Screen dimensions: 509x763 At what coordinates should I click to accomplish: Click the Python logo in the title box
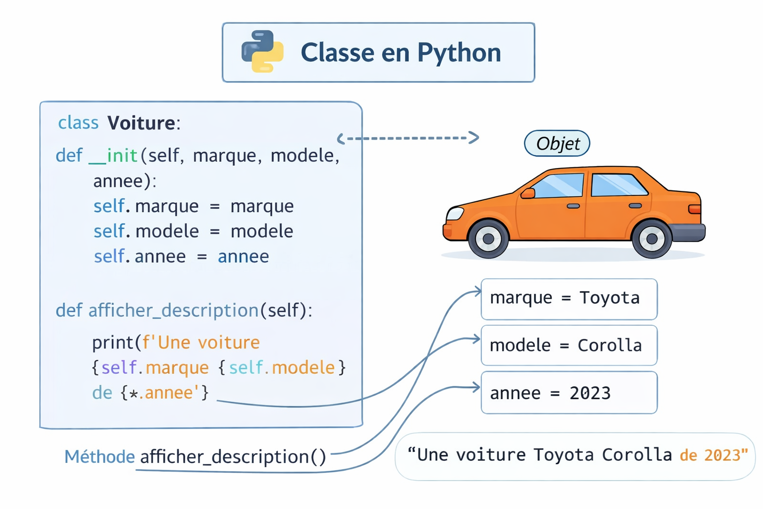click(x=262, y=52)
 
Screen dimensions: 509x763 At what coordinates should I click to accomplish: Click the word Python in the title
click(x=459, y=53)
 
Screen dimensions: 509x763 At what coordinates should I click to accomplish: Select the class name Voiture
click(x=142, y=123)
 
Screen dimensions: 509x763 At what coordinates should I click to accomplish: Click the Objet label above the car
click(x=557, y=144)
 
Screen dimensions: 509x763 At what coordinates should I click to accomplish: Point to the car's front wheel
click(x=488, y=239)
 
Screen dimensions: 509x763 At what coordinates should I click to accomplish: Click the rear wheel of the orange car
click(x=652, y=239)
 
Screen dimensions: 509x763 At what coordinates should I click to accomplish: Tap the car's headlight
click(x=455, y=214)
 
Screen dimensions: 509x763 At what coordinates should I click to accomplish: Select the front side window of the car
click(x=559, y=185)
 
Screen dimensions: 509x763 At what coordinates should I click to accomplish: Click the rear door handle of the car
click(x=635, y=206)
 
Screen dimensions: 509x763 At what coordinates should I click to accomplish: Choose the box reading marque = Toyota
click(x=569, y=299)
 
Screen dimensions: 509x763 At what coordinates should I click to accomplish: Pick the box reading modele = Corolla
click(x=569, y=345)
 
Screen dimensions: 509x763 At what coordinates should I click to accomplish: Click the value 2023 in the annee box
click(x=590, y=393)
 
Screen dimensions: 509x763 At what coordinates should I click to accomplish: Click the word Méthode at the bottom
click(x=99, y=456)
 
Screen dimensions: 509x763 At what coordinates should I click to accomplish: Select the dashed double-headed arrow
click(x=408, y=138)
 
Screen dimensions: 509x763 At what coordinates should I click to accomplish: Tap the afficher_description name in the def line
click(x=173, y=310)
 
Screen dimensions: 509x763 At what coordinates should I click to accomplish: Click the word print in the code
click(x=113, y=342)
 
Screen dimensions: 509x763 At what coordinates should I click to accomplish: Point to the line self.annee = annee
click(x=181, y=256)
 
